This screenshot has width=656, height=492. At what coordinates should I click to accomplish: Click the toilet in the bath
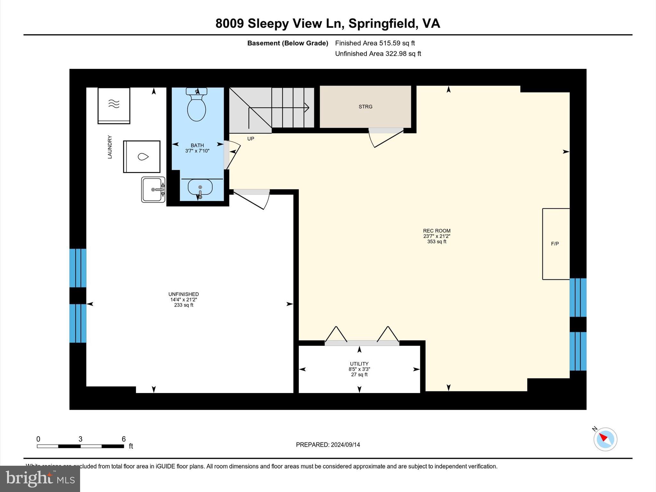pos(196,107)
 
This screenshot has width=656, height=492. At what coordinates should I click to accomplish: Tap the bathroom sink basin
pos(200,187)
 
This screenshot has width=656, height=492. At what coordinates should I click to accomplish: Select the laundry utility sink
pos(153,190)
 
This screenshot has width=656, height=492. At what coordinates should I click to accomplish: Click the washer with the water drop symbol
pos(142,157)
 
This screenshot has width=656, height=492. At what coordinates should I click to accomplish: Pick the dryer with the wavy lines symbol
pos(114,105)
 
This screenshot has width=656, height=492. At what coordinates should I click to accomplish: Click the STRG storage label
pos(365,107)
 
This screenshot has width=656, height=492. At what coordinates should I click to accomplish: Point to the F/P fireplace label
pos(555,244)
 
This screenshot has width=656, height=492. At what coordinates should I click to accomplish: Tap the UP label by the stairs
pos(250,139)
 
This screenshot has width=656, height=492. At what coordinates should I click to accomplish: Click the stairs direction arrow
pos(307,107)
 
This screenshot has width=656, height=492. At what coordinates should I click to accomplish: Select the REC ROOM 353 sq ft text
pos(437,236)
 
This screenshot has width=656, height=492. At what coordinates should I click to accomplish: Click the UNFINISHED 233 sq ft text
pos(184,299)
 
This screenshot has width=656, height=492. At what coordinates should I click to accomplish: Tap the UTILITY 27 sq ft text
pos(359,369)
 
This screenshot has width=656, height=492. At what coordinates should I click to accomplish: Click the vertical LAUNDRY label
pos(110,147)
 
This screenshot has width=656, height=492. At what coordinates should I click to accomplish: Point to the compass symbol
pos(605,439)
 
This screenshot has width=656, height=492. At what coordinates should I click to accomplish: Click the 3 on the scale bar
pos(80,439)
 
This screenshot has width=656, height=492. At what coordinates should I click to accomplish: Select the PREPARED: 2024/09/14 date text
pos(328,445)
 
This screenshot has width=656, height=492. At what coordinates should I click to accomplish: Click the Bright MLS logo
pos(40,479)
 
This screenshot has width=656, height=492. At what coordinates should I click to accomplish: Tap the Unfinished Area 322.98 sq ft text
pos(378,54)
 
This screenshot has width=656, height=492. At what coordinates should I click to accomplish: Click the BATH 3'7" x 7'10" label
pos(197,148)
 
